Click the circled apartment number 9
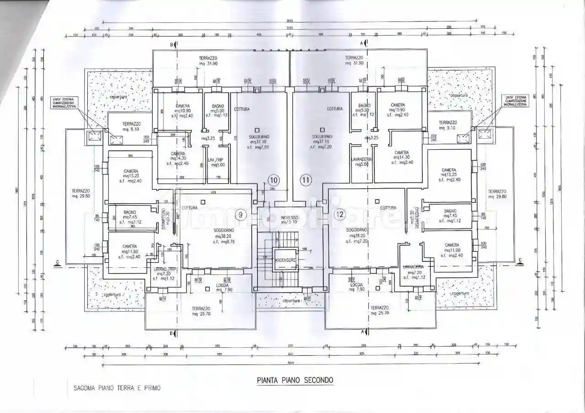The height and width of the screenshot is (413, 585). point(241,214)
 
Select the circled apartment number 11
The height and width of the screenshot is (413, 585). point(306,180)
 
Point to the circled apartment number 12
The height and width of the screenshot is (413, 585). point(339,214)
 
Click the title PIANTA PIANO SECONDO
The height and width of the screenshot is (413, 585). point(295,380)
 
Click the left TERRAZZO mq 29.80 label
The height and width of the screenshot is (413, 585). point(80,194)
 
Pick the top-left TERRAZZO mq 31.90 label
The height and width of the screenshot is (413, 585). point(208,61)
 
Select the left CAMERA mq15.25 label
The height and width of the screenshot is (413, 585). point(130,175)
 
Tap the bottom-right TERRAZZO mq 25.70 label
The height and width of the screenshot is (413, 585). point(380,311)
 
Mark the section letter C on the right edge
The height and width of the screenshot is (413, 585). point(520,260)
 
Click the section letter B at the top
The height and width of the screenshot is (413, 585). point(172,44)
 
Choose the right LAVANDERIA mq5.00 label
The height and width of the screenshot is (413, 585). point(362,162)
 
